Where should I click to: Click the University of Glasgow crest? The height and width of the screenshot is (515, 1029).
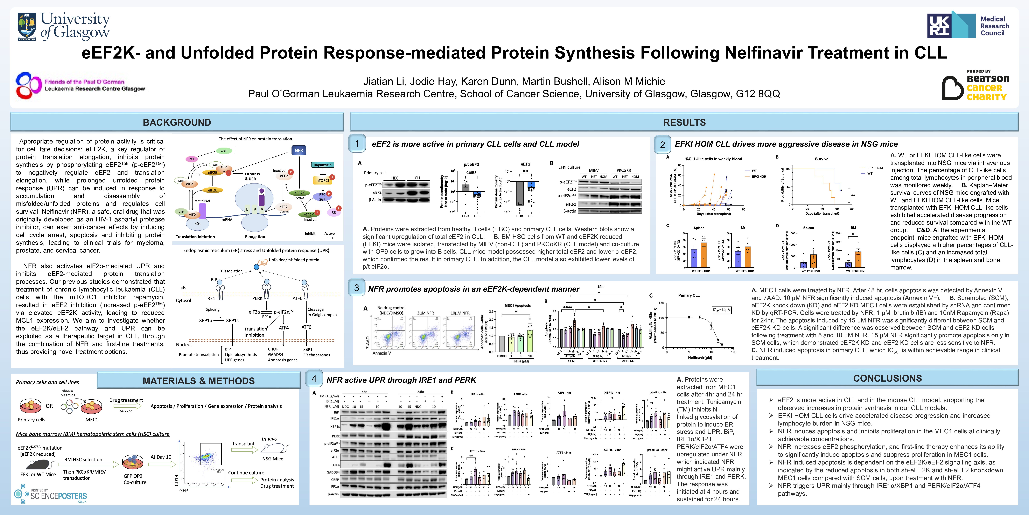point(27,26)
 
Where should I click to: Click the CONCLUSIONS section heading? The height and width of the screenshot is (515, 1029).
point(887,378)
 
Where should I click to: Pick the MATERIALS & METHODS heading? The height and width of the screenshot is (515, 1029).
point(198,381)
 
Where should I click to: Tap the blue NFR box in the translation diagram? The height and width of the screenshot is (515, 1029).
point(299,150)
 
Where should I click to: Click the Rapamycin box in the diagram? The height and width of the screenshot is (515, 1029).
point(322,165)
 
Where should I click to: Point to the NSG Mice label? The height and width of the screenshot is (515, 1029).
point(272,459)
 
